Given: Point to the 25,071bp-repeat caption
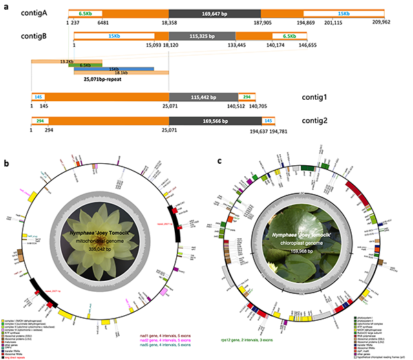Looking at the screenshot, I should pyautogui.click(x=107, y=79).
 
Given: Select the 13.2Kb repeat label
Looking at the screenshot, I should pyautogui.click(x=67, y=61).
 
